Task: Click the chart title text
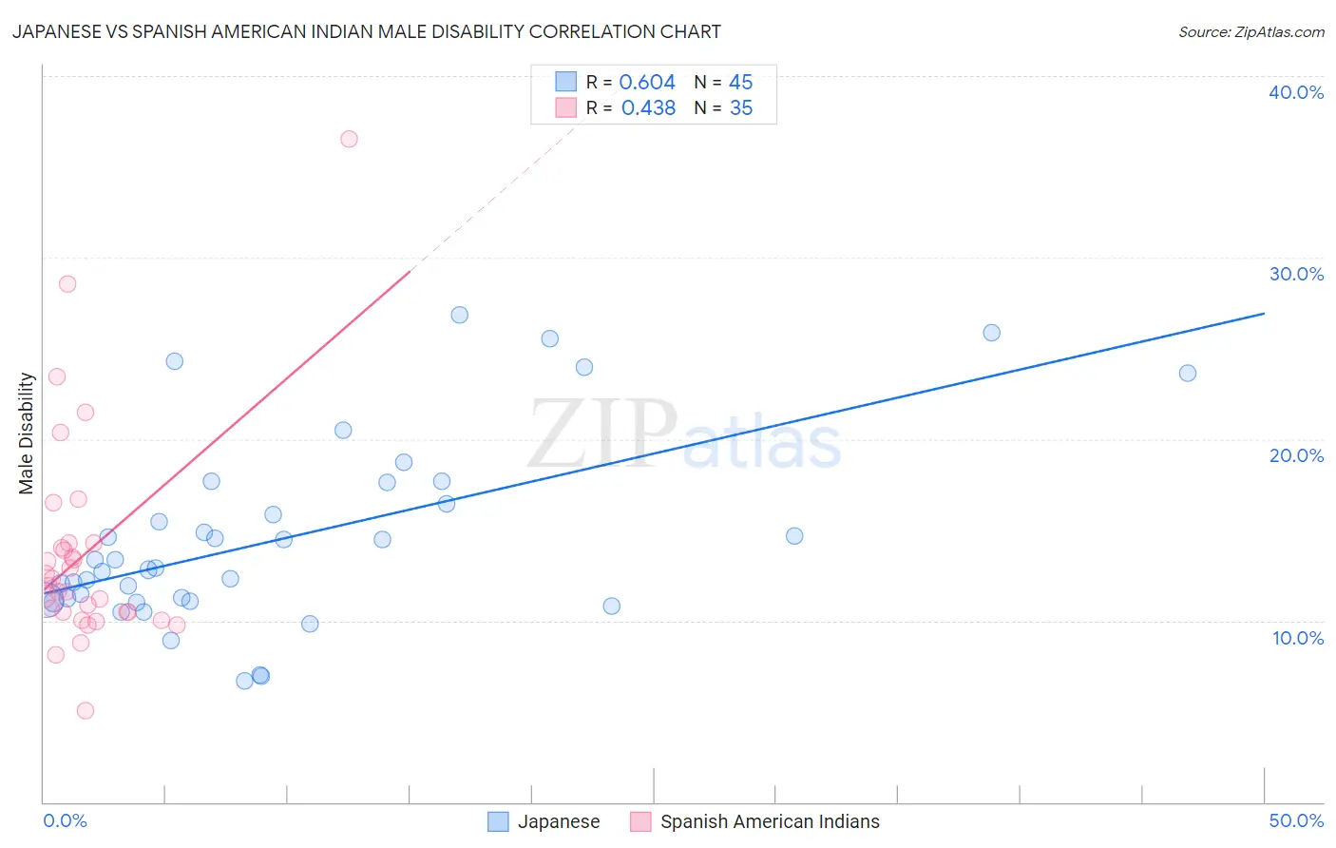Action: [367, 31]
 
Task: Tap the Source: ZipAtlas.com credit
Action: [1250, 31]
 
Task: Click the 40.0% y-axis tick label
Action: [1296, 92]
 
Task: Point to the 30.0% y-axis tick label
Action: [1296, 274]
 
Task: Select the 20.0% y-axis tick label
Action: [1296, 455]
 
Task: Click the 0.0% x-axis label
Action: [65, 820]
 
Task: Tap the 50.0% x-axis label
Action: [1296, 820]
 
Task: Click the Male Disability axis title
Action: [27, 434]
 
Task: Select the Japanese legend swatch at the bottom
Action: [498, 821]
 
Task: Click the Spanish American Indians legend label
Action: [770, 821]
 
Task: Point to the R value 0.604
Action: [647, 83]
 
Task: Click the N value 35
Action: [741, 108]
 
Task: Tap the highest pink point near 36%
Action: [349, 139]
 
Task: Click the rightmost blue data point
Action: [1188, 373]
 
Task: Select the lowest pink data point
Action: [86, 710]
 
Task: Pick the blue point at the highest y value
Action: [460, 315]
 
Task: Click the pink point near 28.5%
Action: [67, 283]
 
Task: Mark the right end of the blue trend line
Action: [1264, 313]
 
